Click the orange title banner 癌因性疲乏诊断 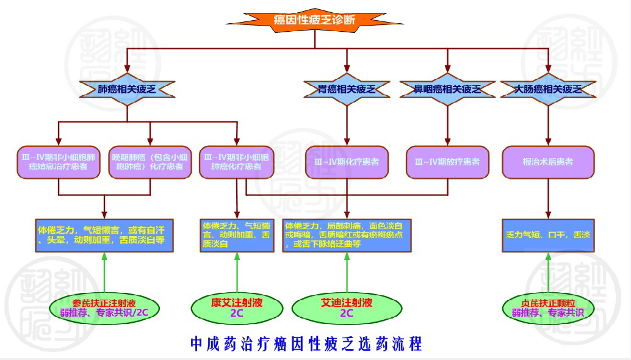tap(314, 20)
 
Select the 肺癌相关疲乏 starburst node tap(127, 89)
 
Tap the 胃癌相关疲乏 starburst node tap(347, 90)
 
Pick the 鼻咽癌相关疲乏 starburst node tap(447, 90)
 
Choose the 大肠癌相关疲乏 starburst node tap(548, 90)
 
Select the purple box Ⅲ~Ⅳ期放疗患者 tap(447, 162)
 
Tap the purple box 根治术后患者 tap(548, 162)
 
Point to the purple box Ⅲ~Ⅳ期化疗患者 tap(347, 162)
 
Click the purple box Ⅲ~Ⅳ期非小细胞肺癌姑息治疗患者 tap(59, 162)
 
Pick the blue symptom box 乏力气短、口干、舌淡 tap(547, 235)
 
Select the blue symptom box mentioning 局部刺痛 tap(347, 235)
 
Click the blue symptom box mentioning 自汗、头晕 tap(104, 235)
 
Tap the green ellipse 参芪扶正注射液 tap(103, 307)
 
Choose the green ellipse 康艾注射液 tap(236, 307)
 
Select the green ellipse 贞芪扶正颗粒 tap(547, 307)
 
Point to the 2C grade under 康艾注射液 tap(236, 313)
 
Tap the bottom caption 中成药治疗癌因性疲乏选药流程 tap(306, 343)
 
